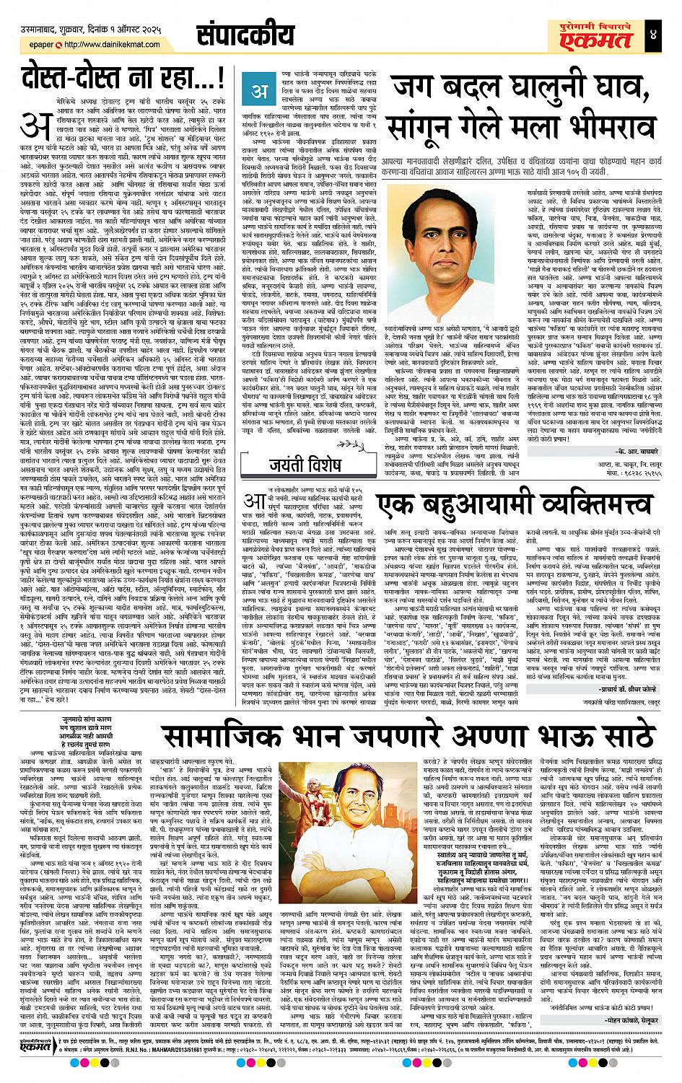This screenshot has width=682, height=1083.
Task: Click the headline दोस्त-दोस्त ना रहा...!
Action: pos(119,77)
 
